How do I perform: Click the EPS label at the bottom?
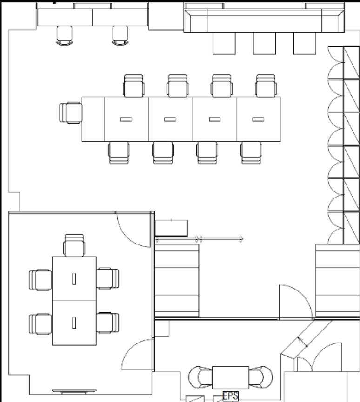pyautogui.click(x=231, y=396)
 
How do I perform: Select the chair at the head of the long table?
pyautogui.click(x=71, y=113)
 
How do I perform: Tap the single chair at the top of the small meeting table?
pyautogui.click(x=74, y=245)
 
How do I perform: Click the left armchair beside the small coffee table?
pyautogui.click(x=200, y=377)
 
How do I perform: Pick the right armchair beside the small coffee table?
pyautogui.click(x=261, y=377)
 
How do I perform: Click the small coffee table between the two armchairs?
pyautogui.click(x=230, y=377)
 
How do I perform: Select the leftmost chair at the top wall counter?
pyautogui.click(x=64, y=36)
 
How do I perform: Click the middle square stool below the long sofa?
pyautogui.click(x=264, y=43)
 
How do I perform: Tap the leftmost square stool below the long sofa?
pyautogui.click(x=224, y=43)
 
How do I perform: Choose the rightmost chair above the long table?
pyautogui.click(x=266, y=86)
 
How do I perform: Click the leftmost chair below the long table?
pyautogui.click(x=119, y=153)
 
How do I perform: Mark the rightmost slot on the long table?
pyautogui.click(x=258, y=119)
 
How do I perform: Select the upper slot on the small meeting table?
pyautogui.click(x=74, y=279)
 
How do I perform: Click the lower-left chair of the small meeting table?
pyautogui.click(x=40, y=324)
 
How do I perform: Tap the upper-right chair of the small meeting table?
pyautogui.click(x=108, y=278)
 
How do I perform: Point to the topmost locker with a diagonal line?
pyautogui.click(x=351, y=63)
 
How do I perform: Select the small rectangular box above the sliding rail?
pyautogui.click(x=171, y=228)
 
